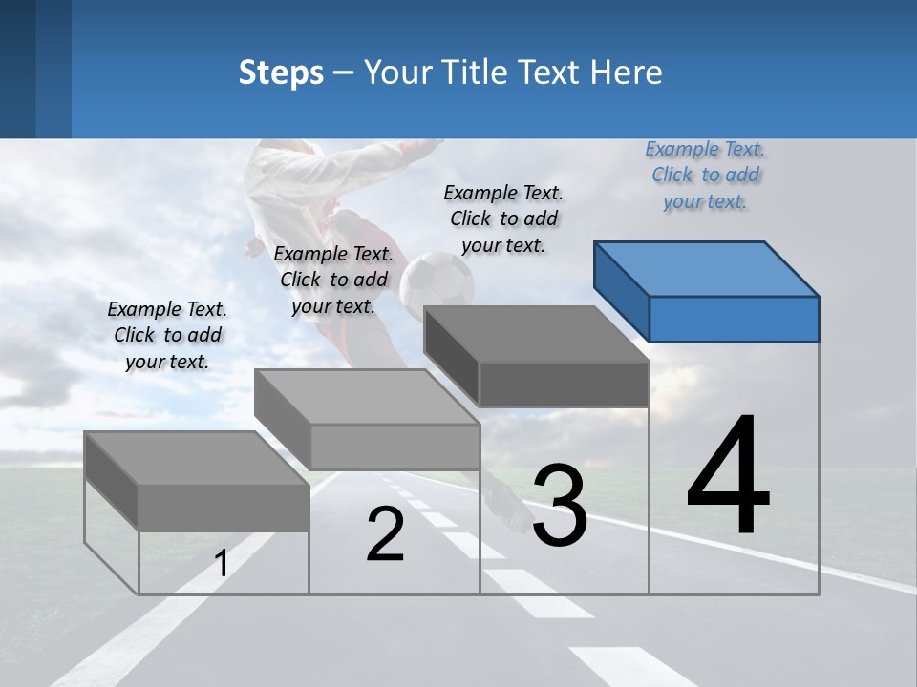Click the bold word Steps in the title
(281, 73)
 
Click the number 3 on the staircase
(559, 506)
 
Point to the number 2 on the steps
(385, 534)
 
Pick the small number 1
(221, 564)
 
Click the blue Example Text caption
(706, 175)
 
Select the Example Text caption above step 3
(503, 219)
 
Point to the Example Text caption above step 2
(333, 280)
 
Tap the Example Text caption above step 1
(167, 335)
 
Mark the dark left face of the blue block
(621, 290)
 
